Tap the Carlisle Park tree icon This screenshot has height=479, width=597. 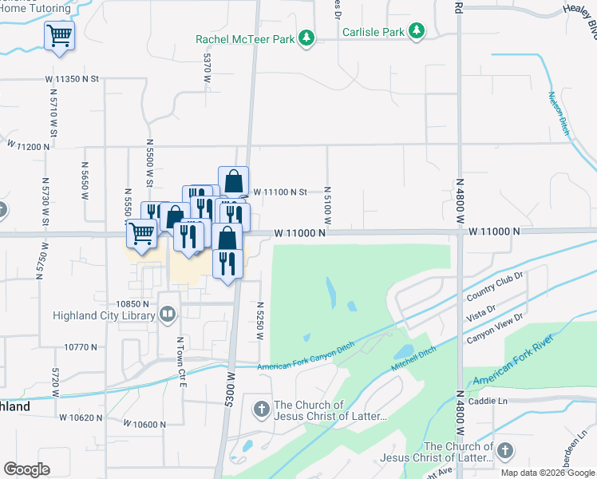[416, 31]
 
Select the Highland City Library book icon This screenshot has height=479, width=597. [168, 315]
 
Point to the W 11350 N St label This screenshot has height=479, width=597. [71, 79]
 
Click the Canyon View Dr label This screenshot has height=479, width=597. [494, 328]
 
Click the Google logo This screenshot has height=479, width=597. [27, 469]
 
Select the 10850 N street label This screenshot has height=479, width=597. [133, 304]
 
